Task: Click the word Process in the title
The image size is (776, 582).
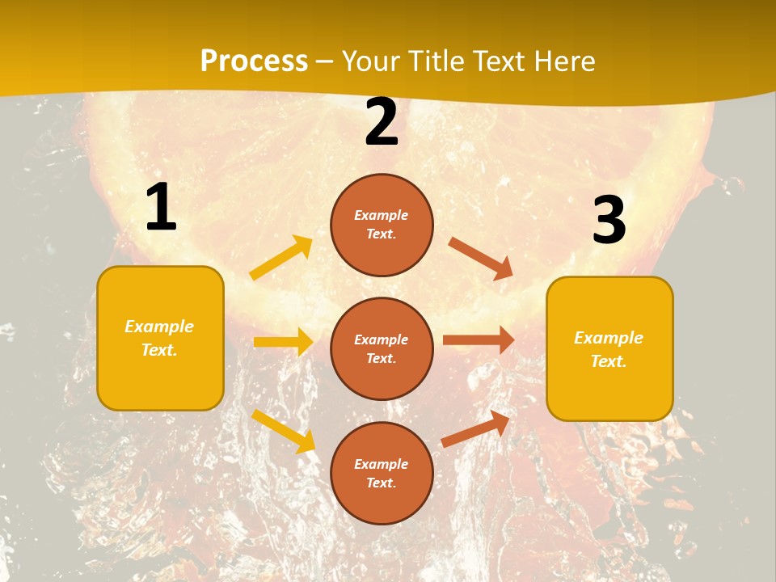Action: coord(254,61)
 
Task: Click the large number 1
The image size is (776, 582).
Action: coord(161,208)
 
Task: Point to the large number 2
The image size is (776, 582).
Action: coord(382,123)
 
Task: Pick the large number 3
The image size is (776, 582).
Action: coord(609,220)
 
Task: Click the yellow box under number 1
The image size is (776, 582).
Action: coord(160,338)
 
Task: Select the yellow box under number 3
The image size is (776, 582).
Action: coord(609,349)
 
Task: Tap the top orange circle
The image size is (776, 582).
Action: coord(382,225)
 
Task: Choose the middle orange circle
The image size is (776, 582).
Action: coord(382,349)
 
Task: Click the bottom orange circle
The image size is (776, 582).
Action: coord(382,474)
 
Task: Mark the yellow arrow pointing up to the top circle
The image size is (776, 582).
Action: coord(281,258)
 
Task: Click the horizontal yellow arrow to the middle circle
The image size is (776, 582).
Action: coord(283,342)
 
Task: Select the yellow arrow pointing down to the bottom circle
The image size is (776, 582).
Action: coord(283,430)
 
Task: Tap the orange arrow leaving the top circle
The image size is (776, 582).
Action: coord(481,258)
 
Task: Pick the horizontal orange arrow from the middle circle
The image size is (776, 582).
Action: coord(479,340)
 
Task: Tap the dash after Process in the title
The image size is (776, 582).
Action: coord(325,61)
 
